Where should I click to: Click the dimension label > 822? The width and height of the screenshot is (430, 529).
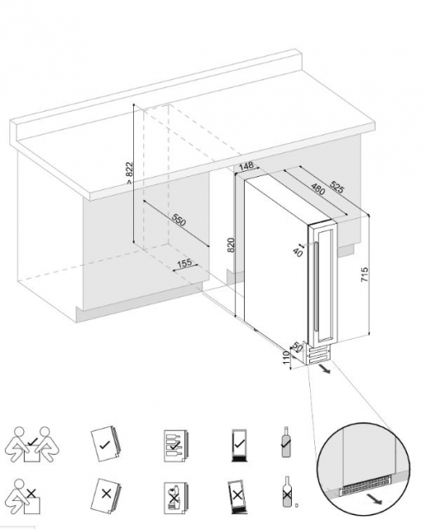[130, 173]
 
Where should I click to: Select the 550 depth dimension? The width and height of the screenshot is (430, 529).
[179, 220]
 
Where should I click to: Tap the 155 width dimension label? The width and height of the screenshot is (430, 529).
[184, 263]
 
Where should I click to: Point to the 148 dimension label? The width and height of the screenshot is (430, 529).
[246, 166]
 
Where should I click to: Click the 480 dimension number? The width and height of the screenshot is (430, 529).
[318, 189]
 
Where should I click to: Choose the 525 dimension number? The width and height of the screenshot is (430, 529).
[337, 188]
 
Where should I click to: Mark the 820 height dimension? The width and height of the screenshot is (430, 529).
[231, 245]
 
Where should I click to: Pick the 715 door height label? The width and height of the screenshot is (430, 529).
[364, 275]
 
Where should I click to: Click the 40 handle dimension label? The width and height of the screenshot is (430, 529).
[298, 252]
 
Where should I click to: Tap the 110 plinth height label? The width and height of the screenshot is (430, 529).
[286, 358]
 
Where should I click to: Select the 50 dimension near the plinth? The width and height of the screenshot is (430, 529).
[297, 346]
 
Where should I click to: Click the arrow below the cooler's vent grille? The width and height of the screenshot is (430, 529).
[325, 369]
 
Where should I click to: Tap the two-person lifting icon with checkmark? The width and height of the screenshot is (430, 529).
[31, 444]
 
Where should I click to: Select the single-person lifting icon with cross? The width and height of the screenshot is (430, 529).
[24, 497]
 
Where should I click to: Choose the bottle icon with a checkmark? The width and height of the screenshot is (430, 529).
[286, 442]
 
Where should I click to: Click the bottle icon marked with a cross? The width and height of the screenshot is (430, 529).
[287, 492]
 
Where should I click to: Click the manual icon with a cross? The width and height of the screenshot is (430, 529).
[106, 495]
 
